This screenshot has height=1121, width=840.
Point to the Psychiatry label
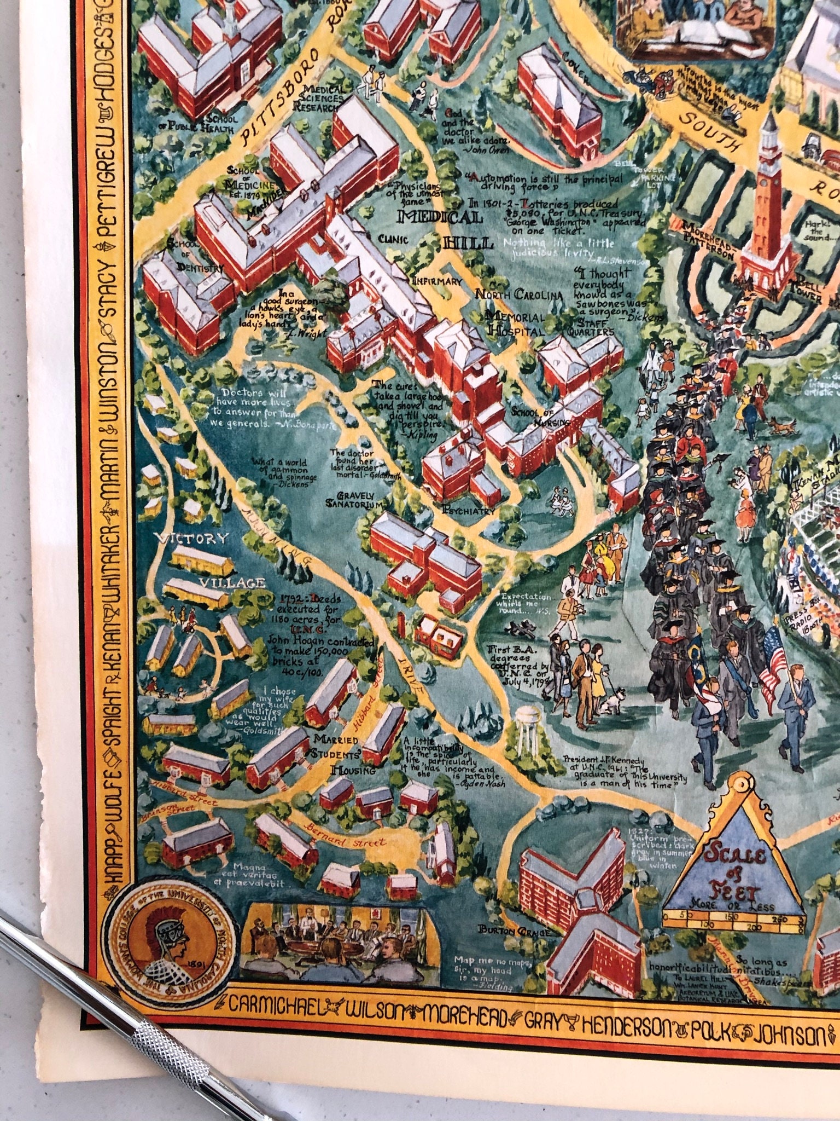[x=469, y=511]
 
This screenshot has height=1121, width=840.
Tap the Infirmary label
[x=437, y=282]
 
